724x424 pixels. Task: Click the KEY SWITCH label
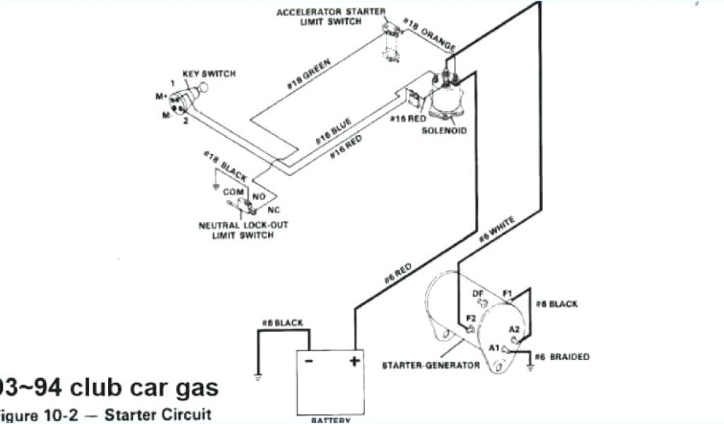tap(209, 73)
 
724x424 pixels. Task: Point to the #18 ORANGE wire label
tap(429, 36)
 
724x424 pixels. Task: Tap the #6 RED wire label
tap(398, 273)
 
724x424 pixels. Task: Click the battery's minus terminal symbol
tap(308, 361)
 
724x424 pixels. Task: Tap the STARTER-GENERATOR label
tap(431, 365)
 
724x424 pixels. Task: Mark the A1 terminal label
tap(493, 348)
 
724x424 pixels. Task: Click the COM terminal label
tap(233, 192)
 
